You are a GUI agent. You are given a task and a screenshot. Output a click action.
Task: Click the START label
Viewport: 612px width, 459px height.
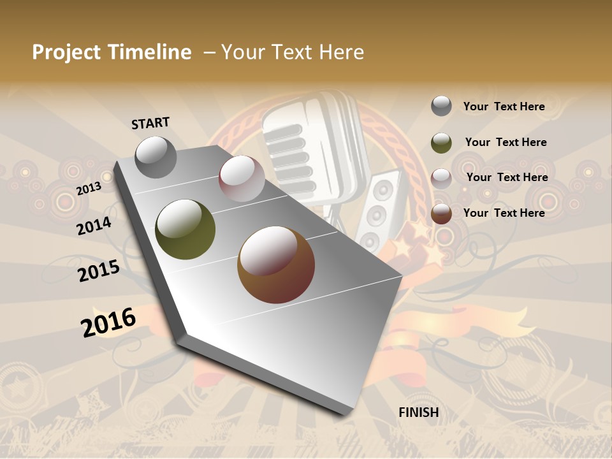pyautogui.click(x=150, y=123)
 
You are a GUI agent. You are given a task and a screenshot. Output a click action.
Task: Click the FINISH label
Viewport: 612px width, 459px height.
pyautogui.click(x=418, y=412)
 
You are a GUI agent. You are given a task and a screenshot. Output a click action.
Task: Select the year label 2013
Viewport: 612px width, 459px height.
pyautogui.click(x=89, y=188)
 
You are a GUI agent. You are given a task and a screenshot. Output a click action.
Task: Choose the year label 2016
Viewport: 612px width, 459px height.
pyautogui.click(x=108, y=323)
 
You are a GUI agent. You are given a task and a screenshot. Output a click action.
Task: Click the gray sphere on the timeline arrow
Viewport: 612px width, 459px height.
pyautogui.click(x=156, y=157)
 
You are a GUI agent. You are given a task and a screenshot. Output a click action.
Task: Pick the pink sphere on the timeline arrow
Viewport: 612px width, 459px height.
pyautogui.click(x=242, y=178)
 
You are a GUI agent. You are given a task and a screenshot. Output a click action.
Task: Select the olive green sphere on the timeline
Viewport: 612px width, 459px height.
pyautogui.click(x=186, y=229)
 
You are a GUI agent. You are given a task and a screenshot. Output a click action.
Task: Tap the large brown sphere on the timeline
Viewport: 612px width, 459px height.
pyautogui.click(x=276, y=265)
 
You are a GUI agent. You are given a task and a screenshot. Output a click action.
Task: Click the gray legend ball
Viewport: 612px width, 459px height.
pyautogui.click(x=441, y=106)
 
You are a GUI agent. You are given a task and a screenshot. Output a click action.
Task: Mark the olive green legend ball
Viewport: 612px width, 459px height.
pyautogui.click(x=441, y=143)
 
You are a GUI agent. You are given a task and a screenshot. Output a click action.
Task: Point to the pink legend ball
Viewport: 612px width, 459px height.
pyautogui.click(x=441, y=178)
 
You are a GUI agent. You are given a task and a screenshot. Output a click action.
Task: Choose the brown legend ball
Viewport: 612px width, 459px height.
pyautogui.click(x=441, y=214)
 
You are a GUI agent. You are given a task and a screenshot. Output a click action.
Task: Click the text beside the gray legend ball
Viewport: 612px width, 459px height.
pyautogui.click(x=504, y=106)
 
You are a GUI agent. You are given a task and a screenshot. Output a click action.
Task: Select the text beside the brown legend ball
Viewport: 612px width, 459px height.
pyautogui.click(x=504, y=213)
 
